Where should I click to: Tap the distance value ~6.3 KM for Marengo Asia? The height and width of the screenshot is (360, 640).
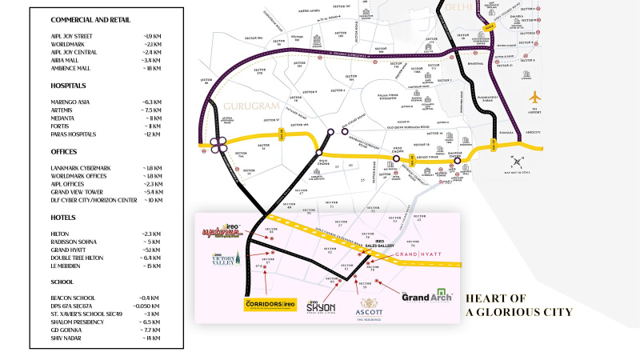pos(152,102)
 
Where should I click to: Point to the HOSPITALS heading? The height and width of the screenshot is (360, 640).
pos(69,86)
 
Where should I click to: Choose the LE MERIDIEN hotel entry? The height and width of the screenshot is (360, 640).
pos(68,266)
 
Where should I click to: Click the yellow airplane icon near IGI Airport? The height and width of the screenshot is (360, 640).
pos(535,97)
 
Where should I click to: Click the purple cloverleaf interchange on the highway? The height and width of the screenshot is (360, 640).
pos(216,145)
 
